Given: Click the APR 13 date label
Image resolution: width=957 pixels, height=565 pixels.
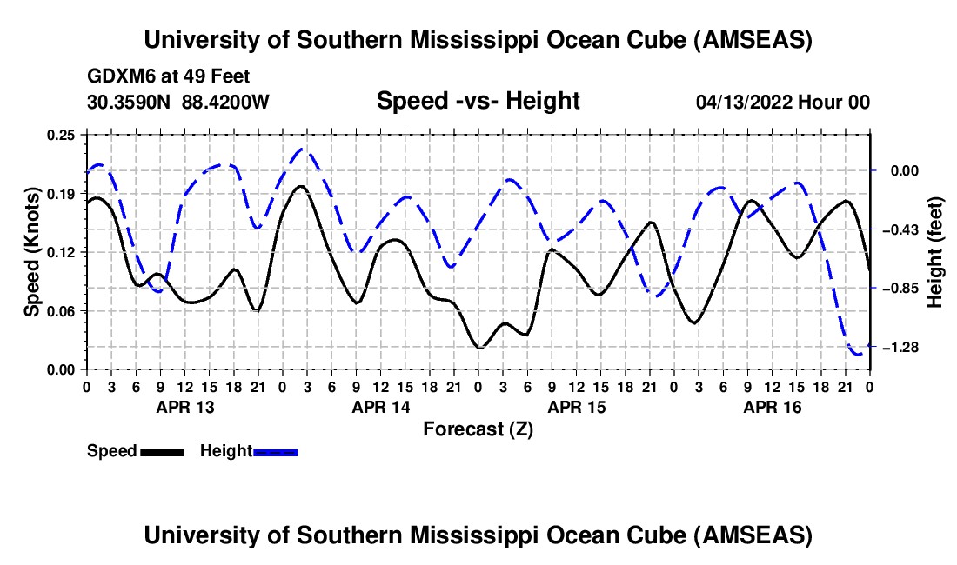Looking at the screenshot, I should point(184,406).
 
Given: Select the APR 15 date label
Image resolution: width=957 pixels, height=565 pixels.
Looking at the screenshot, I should point(576,406).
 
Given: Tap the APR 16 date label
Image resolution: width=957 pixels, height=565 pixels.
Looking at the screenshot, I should point(772,406).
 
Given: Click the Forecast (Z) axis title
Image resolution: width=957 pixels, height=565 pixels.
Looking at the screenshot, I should point(478,429).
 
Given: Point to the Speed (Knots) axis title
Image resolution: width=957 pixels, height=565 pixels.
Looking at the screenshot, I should point(31,251).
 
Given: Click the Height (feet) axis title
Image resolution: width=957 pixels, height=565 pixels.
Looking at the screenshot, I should point(935,251).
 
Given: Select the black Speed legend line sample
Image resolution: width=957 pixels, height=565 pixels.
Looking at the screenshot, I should point(162,452).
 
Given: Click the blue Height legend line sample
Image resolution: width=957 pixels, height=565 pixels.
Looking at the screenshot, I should point(276,452).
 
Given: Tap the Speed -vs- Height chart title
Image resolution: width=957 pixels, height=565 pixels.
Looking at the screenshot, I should point(478,102).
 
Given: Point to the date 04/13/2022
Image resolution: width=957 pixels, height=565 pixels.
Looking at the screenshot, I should point(746,103).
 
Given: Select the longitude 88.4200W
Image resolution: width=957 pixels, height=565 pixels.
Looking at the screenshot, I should point(225,103).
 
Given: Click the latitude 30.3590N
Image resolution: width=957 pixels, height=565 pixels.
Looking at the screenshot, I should point(130,103).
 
